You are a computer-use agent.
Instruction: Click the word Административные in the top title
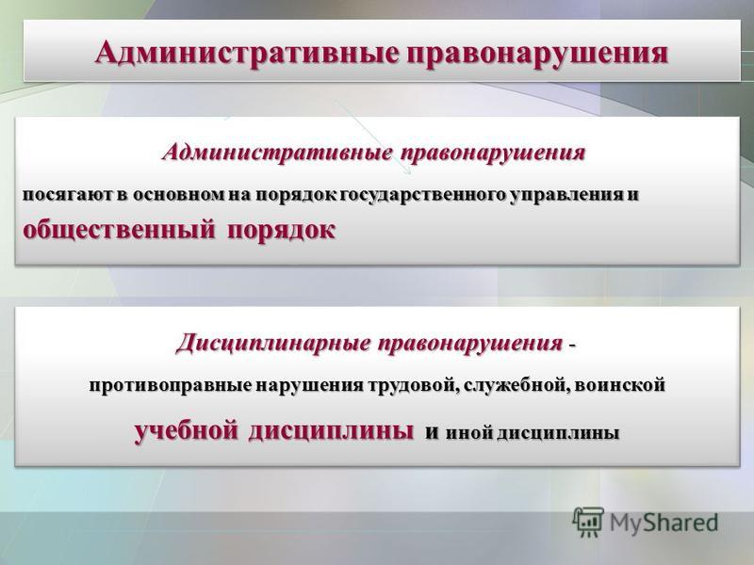pos(247,54)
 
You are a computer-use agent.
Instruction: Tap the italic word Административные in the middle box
pos(276,153)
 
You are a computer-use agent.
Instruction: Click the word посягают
pos(68,195)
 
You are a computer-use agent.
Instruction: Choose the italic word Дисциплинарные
pos(274,344)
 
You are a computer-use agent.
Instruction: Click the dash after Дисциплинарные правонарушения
pos(571,346)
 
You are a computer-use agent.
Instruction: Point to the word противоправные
pos(170,385)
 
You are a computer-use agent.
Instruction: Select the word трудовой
pos(409,385)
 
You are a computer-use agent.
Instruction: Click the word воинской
pos(620,385)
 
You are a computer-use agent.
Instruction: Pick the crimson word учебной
pos(186,430)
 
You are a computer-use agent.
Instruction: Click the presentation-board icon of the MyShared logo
pos(588,522)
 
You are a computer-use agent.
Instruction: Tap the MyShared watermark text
pos(664,523)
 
